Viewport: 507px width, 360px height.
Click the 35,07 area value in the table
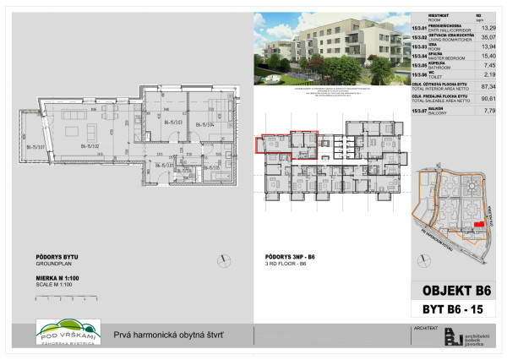[x=485, y=37]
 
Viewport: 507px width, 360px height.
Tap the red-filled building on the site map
[x=478, y=224]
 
